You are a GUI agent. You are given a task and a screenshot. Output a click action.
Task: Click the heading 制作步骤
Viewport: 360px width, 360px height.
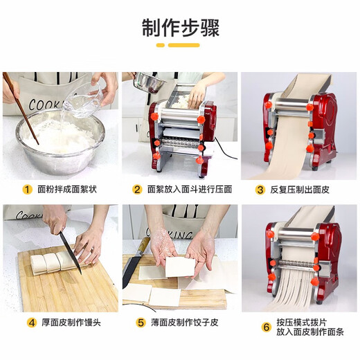(179, 27)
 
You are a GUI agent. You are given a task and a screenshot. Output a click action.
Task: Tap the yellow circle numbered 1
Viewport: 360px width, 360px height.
(28, 189)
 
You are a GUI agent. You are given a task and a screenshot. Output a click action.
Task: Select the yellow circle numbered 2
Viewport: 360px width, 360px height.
(137, 189)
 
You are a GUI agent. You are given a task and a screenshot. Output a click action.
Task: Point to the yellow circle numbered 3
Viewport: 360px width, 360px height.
(260, 189)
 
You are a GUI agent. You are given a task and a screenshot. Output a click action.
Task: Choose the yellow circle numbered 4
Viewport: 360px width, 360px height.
(32, 323)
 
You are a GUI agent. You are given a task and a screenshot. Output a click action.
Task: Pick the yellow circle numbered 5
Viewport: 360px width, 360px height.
(141, 323)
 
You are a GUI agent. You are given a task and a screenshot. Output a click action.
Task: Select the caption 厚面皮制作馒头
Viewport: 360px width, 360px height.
(68, 323)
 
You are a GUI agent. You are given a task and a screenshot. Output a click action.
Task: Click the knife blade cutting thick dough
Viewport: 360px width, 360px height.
(69, 252)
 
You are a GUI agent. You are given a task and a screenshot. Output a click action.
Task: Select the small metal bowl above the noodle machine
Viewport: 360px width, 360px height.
(149, 83)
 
